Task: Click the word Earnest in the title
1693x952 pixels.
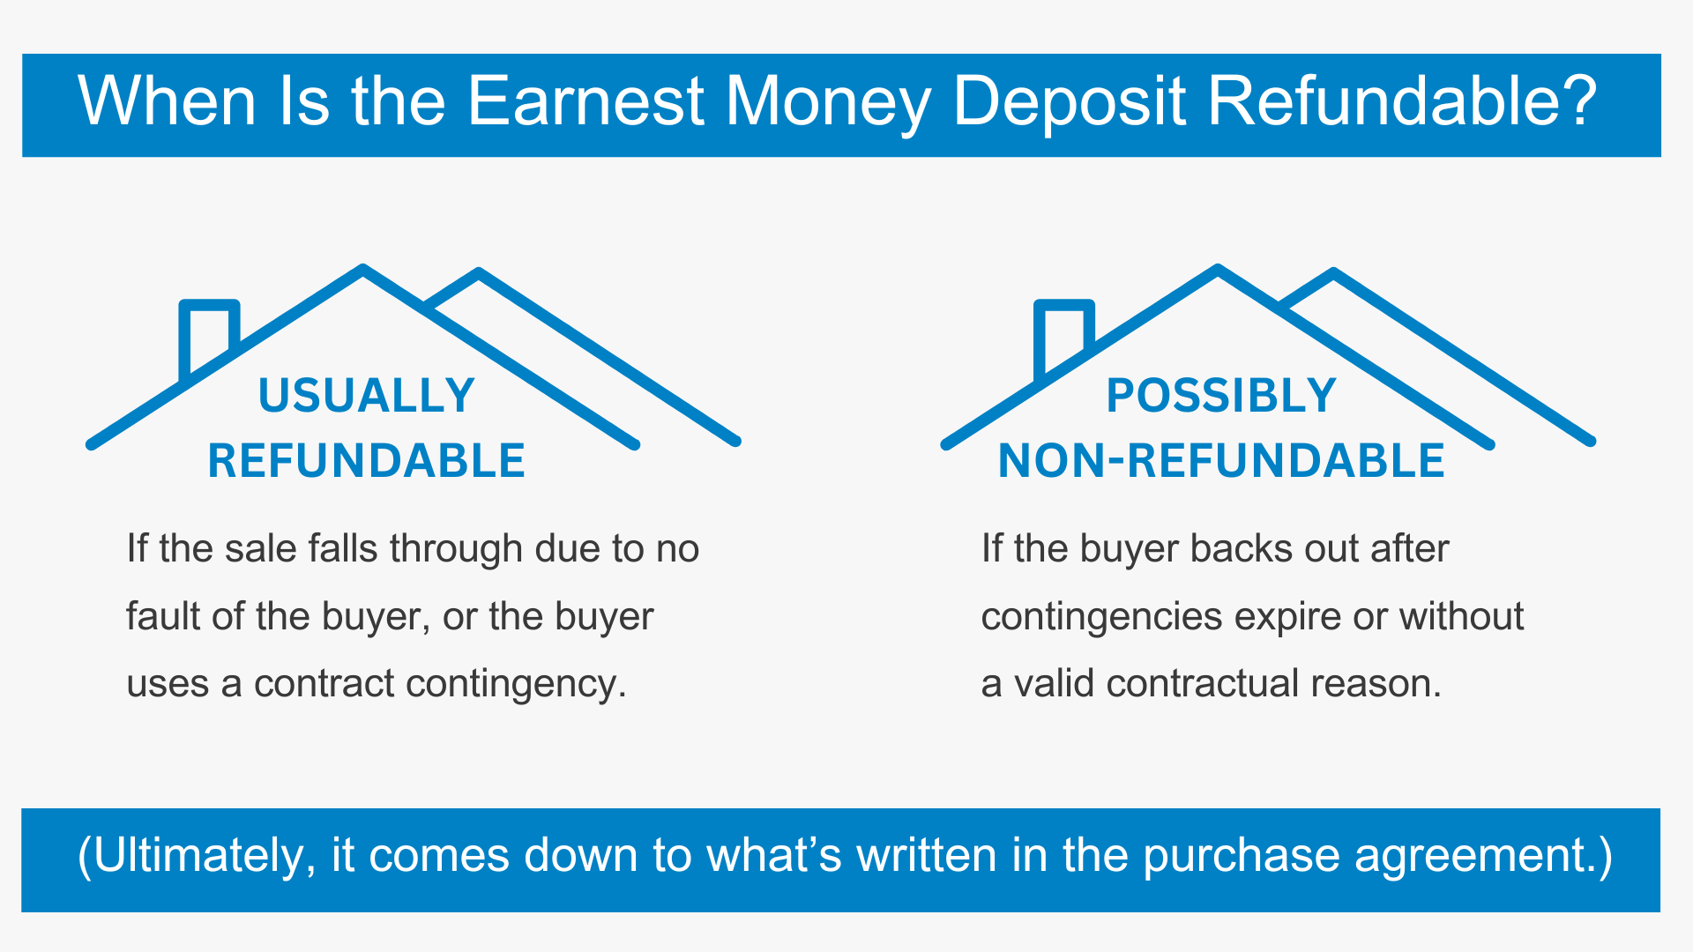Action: (x=585, y=100)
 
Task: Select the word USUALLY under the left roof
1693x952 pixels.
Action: (x=367, y=395)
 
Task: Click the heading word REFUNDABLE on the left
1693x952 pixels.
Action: (x=367, y=460)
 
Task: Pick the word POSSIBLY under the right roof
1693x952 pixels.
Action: (x=1221, y=395)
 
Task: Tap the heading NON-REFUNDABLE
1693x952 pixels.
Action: (x=1221, y=460)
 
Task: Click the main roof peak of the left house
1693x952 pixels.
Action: (x=362, y=268)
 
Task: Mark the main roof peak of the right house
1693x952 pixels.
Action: (x=1218, y=268)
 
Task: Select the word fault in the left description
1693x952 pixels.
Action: (x=163, y=616)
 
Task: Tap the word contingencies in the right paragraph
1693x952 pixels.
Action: (x=1101, y=617)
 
